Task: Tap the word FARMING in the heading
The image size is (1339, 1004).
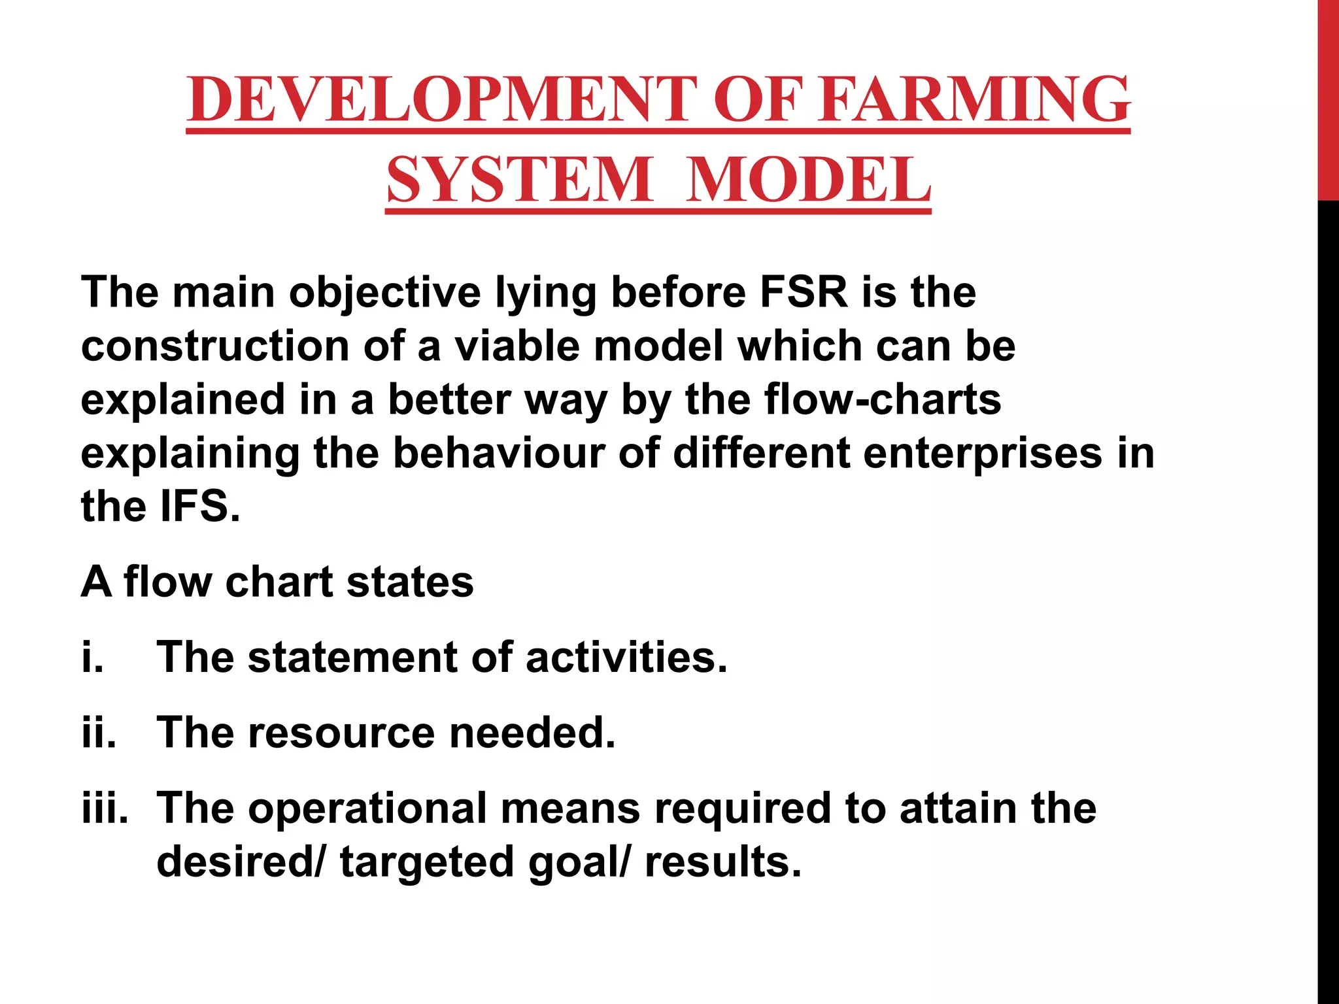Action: point(974,99)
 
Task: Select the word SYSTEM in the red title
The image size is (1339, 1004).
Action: point(519,179)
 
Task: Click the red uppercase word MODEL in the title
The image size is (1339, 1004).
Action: point(809,179)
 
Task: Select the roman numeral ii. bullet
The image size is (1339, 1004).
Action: point(99,732)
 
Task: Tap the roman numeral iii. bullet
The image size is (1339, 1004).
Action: point(105,807)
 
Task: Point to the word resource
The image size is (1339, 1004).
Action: point(341,732)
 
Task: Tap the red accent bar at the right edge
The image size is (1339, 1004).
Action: point(1328,98)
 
